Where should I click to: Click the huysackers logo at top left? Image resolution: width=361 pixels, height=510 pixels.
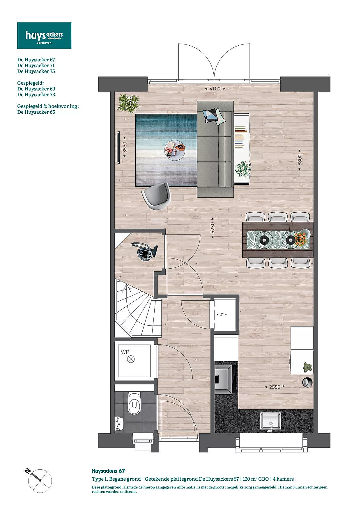[x=44, y=35]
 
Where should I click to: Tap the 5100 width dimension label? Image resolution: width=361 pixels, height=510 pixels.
[x=215, y=89]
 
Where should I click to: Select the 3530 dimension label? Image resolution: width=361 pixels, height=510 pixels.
[x=125, y=147]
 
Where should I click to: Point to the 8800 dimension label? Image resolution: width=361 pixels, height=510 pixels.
[x=300, y=160]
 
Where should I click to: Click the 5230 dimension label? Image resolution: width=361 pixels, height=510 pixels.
[x=213, y=228]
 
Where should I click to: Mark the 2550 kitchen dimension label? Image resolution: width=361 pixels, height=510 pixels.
[x=275, y=387]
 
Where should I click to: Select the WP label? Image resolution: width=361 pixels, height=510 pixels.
[x=125, y=352]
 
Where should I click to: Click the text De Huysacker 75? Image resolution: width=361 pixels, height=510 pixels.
[x=36, y=71]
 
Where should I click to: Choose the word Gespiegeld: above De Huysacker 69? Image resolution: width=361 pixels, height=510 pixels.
[x=31, y=83]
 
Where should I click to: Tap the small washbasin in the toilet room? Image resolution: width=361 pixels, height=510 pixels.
[x=119, y=424]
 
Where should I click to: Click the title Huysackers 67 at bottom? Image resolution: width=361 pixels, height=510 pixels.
[x=108, y=471]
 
